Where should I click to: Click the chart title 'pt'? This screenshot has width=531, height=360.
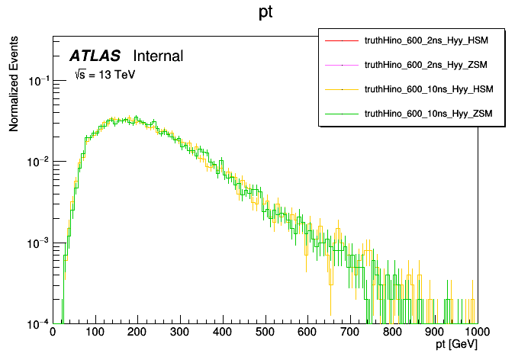[x=265, y=14]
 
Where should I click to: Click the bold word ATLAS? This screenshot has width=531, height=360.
[x=95, y=56]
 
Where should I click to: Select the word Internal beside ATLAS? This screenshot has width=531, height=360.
[x=158, y=56]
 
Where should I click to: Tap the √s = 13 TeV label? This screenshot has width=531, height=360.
[x=105, y=75]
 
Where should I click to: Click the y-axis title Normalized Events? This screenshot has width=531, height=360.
[x=14, y=88]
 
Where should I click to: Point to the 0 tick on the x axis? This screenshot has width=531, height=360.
[x=53, y=332]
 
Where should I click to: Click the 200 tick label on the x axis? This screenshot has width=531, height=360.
[x=137, y=332]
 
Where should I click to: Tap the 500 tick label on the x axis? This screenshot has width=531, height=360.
[x=265, y=332]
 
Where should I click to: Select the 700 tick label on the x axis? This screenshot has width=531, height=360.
[x=350, y=332]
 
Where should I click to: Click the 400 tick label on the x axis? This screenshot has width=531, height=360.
[x=223, y=332]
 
